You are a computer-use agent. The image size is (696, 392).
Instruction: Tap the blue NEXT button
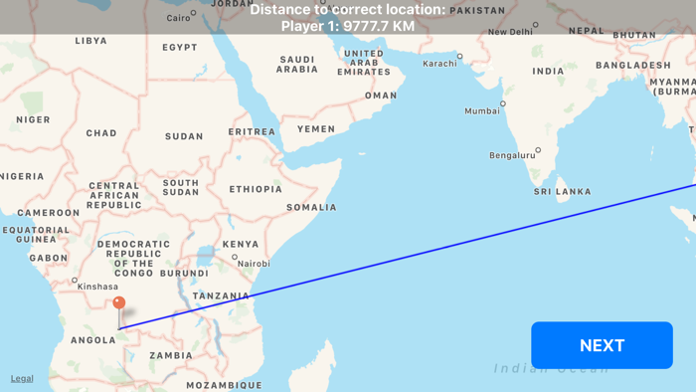tap(602, 345)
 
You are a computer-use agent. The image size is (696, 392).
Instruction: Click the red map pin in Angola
tap(119, 303)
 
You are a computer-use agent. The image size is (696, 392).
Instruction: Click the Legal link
tap(22, 378)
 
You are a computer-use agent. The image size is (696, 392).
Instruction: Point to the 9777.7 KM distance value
tap(378, 27)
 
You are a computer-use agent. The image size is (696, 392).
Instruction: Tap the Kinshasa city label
tap(97, 287)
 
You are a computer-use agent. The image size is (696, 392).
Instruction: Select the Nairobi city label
tap(254, 264)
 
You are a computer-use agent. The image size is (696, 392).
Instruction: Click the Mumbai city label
tap(482, 110)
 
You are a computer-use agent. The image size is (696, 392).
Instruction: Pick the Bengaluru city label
tap(512, 155)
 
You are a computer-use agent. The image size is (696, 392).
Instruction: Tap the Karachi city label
tap(439, 64)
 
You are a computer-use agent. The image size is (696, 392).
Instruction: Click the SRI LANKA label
tap(562, 191)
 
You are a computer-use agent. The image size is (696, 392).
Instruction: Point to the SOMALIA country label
tap(311, 207)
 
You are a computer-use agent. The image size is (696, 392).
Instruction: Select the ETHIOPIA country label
tap(256, 189)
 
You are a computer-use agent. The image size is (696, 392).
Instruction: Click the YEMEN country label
tap(315, 129)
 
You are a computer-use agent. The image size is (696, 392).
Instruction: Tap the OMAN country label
tap(381, 96)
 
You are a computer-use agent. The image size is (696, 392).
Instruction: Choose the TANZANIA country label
tap(221, 295)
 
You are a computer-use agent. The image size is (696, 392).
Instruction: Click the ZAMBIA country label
tap(171, 355)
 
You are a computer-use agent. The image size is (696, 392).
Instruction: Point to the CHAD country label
tap(101, 133)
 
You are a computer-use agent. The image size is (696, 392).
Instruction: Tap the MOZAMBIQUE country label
tap(224, 385)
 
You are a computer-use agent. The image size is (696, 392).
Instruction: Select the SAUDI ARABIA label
tap(296, 65)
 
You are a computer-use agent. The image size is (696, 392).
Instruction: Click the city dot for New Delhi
tap(536, 25)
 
